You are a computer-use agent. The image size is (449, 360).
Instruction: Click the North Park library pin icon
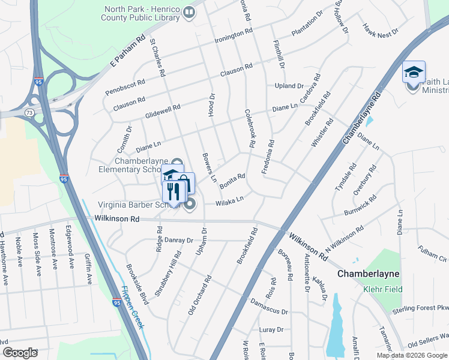tap(190, 13)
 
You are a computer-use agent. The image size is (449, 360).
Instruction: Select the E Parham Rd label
tap(128, 55)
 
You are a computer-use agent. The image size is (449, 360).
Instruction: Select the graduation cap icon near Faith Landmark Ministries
tap(414, 72)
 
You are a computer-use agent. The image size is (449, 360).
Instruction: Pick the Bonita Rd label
tap(232, 181)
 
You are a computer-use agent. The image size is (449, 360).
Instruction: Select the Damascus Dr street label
tap(269, 307)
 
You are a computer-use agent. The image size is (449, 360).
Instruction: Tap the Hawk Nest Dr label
tap(381, 30)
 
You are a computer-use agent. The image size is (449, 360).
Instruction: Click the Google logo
tap(20, 352)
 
